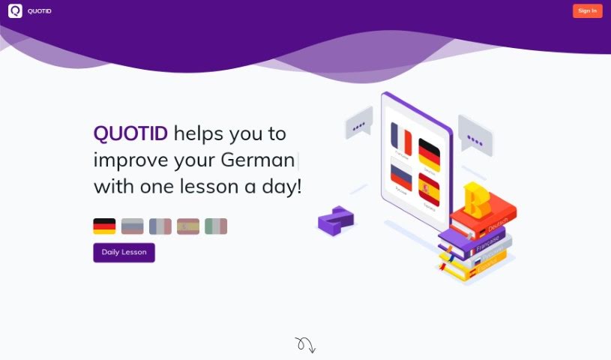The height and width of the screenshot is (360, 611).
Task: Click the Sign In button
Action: coord(587,10)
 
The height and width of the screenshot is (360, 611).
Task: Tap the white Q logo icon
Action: coord(15,10)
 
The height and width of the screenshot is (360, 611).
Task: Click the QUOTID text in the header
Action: coord(40,11)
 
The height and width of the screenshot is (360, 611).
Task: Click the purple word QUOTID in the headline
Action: coord(130,134)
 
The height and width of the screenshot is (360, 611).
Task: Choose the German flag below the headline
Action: coord(104,226)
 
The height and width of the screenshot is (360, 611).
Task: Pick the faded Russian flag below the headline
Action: coord(132,226)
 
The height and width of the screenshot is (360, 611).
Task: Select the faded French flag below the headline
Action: coord(160,226)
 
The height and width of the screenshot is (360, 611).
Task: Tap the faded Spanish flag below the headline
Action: coord(188,226)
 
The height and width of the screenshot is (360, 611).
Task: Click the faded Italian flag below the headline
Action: coord(216,226)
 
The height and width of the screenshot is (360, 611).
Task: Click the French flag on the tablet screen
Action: coord(402,139)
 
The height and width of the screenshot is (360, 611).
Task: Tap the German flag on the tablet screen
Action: coord(429,154)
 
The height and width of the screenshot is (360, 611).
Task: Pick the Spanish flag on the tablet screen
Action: coord(429,189)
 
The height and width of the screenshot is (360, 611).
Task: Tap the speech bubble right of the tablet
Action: coord(475,136)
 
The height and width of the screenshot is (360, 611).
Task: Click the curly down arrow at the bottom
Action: coord(305,344)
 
